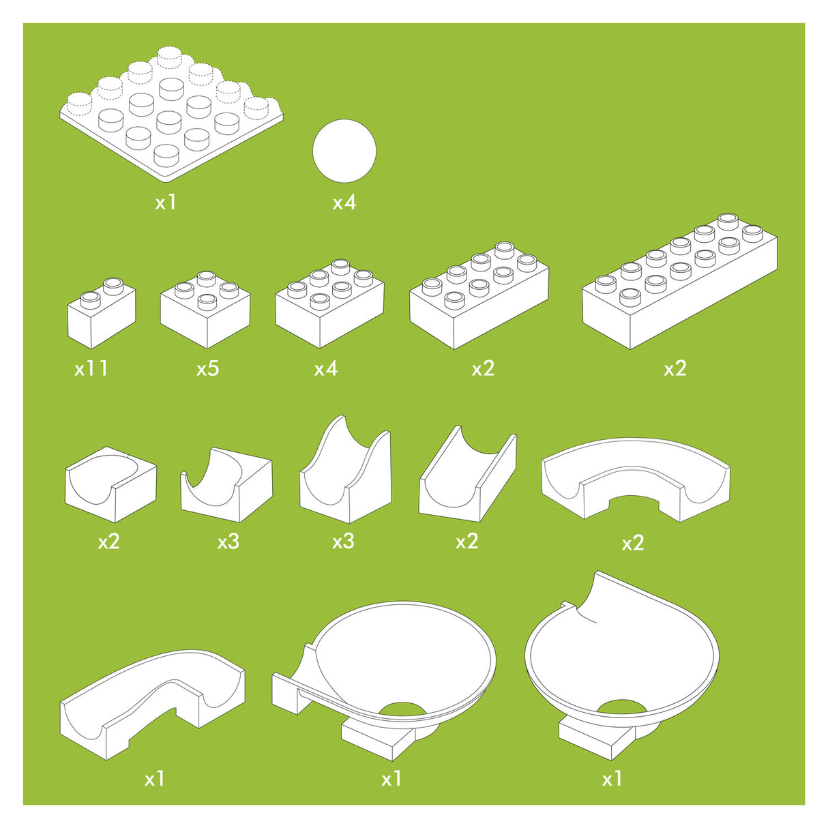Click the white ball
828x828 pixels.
tap(344, 151)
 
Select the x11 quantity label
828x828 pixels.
tap(91, 368)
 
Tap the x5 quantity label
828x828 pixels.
tap(208, 368)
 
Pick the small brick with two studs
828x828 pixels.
tap(102, 313)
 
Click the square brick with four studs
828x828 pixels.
tap(205, 310)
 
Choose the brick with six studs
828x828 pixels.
tap(329, 304)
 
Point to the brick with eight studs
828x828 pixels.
tap(479, 295)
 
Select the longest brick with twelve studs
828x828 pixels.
tap(680, 281)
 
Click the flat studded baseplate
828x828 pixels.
tap(171, 114)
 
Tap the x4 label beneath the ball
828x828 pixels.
tap(344, 202)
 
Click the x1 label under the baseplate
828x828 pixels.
tap(166, 202)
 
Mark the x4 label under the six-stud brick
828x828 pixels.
tap(326, 368)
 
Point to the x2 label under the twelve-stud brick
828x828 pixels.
tap(675, 368)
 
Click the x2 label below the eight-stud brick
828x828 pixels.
tap(483, 368)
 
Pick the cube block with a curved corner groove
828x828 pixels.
tap(111, 484)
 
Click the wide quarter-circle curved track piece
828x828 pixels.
tap(636, 479)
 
